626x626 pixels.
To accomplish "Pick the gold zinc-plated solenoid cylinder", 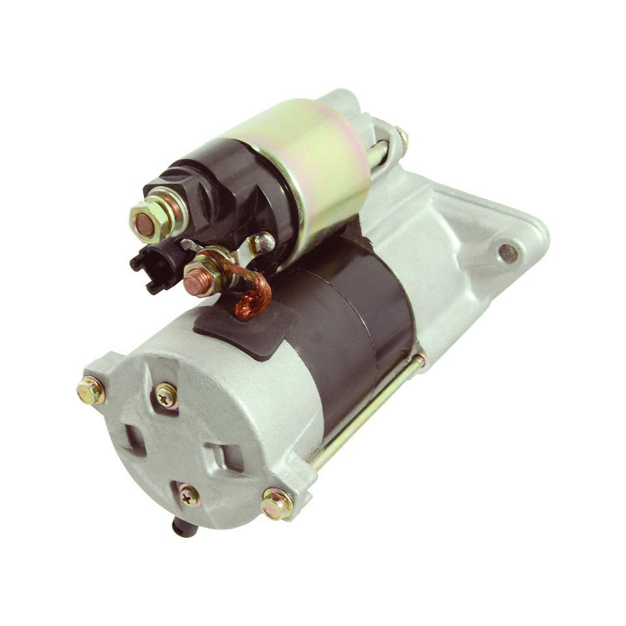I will point(306,163).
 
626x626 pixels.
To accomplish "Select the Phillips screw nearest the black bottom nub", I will point(189,495).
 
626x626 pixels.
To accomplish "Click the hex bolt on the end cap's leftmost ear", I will point(91,390).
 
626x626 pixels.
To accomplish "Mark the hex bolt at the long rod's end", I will point(276,503).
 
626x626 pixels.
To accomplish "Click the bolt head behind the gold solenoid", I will point(399,138).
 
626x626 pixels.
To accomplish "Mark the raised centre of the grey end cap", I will point(179,443).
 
